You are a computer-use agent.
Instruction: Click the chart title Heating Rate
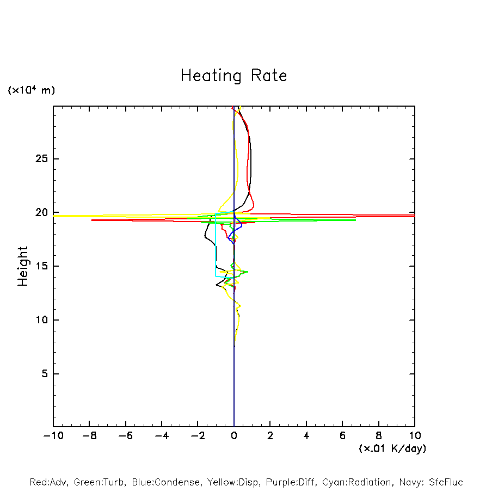pos(233,76)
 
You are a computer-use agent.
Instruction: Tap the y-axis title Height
pos(23,266)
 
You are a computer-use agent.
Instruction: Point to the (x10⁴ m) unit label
pos(31,90)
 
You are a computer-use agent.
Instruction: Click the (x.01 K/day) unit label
pos(392,448)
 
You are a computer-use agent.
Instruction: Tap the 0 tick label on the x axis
pos(234,435)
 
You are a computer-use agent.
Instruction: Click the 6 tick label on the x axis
pos(342,435)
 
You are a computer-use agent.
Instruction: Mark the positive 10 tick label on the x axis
pos(415,435)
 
